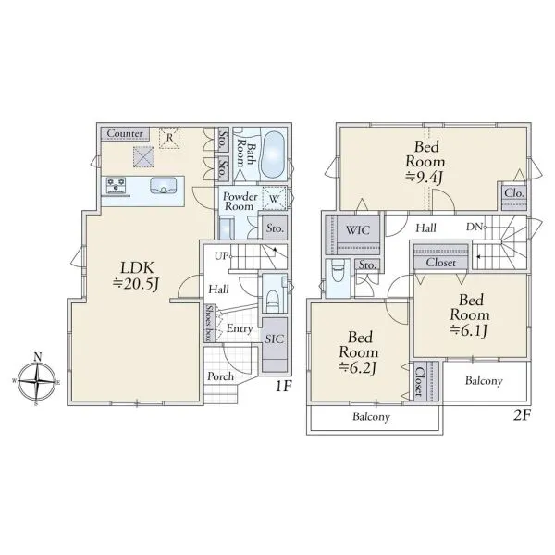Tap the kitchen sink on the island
pyautogui.click(x=163, y=186)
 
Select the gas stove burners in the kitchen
pyautogui.click(x=116, y=186)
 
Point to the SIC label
pyautogui.click(x=275, y=339)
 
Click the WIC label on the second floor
pyautogui.click(x=358, y=230)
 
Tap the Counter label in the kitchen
pyautogui.click(x=125, y=133)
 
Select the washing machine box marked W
pyautogui.click(x=275, y=198)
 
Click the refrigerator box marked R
pyautogui.click(x=169, y=138)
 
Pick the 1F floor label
pyautogui.click(x=283, y=387)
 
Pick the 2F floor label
pyautogui.click(x=522, y=414)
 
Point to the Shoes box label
pyautogui.click(x=210, y=323)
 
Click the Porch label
pyautogui.click(x=220, y=376)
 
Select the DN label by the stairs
pyautogui.click(x=475, y=227)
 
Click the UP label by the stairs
pyautogui.click(x=221, y=255)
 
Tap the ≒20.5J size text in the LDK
pyautogui.click(x=136, y=284)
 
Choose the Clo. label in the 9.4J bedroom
pyautogui.click(x=514, y=193)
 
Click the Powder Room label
pyautogui.click(x=240, y=201)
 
